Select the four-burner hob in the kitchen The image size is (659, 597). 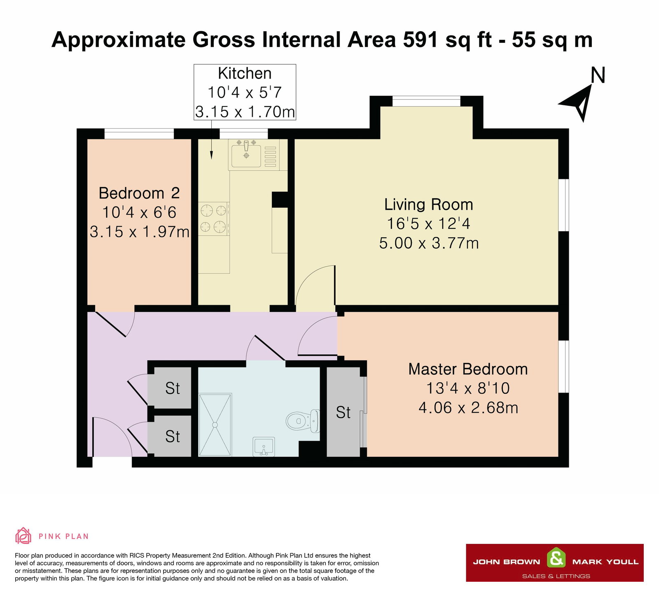tap(214, 218)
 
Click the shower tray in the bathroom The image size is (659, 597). tap(215, 425)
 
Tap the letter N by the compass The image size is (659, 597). tap(598, 75)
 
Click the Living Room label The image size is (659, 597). tap(428, 204)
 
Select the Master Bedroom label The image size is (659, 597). tap(468, 369)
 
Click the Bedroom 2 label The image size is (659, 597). tap(139, 193)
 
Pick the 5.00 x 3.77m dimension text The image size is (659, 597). tap(429, 243)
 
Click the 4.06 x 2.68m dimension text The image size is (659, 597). tap(468, 408)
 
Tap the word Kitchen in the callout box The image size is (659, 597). tap(245, 74)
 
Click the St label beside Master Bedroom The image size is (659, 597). tap(343, 412)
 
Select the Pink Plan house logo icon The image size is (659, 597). tap(23, 536)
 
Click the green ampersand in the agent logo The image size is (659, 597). tap(556, 559)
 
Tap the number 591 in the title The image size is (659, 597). tap(421, 40)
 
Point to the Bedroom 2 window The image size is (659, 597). tap(139, 134)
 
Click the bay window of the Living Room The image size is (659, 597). tap(426, 101)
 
